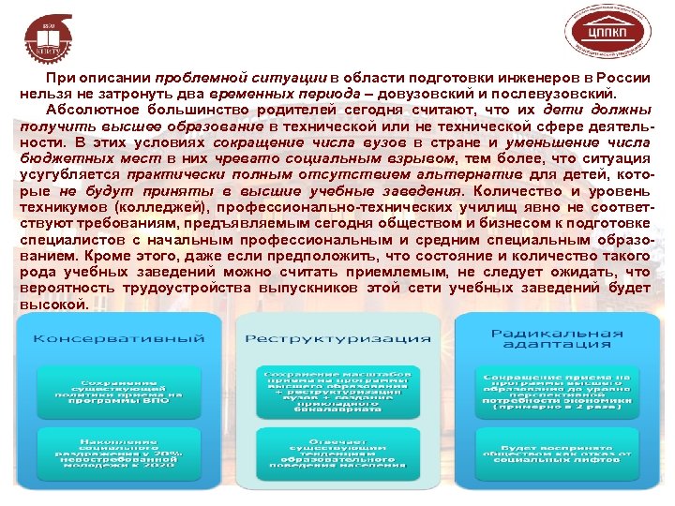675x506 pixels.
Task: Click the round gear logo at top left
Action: [43, 34]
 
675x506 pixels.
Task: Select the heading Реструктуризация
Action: [337, 338]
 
